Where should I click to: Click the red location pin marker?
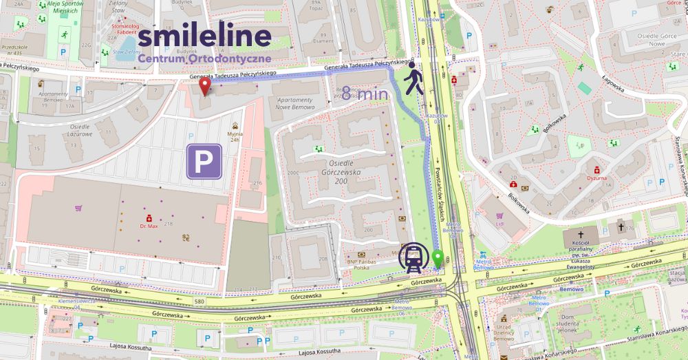(x=204, y=87)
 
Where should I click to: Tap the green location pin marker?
(x=438, y=260)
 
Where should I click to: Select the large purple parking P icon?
(x=204, y=161)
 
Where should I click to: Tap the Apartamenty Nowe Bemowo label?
(x=294, y=103)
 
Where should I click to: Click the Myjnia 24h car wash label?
(x=236, y=136)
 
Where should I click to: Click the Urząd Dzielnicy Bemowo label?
(x=504, y=332)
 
